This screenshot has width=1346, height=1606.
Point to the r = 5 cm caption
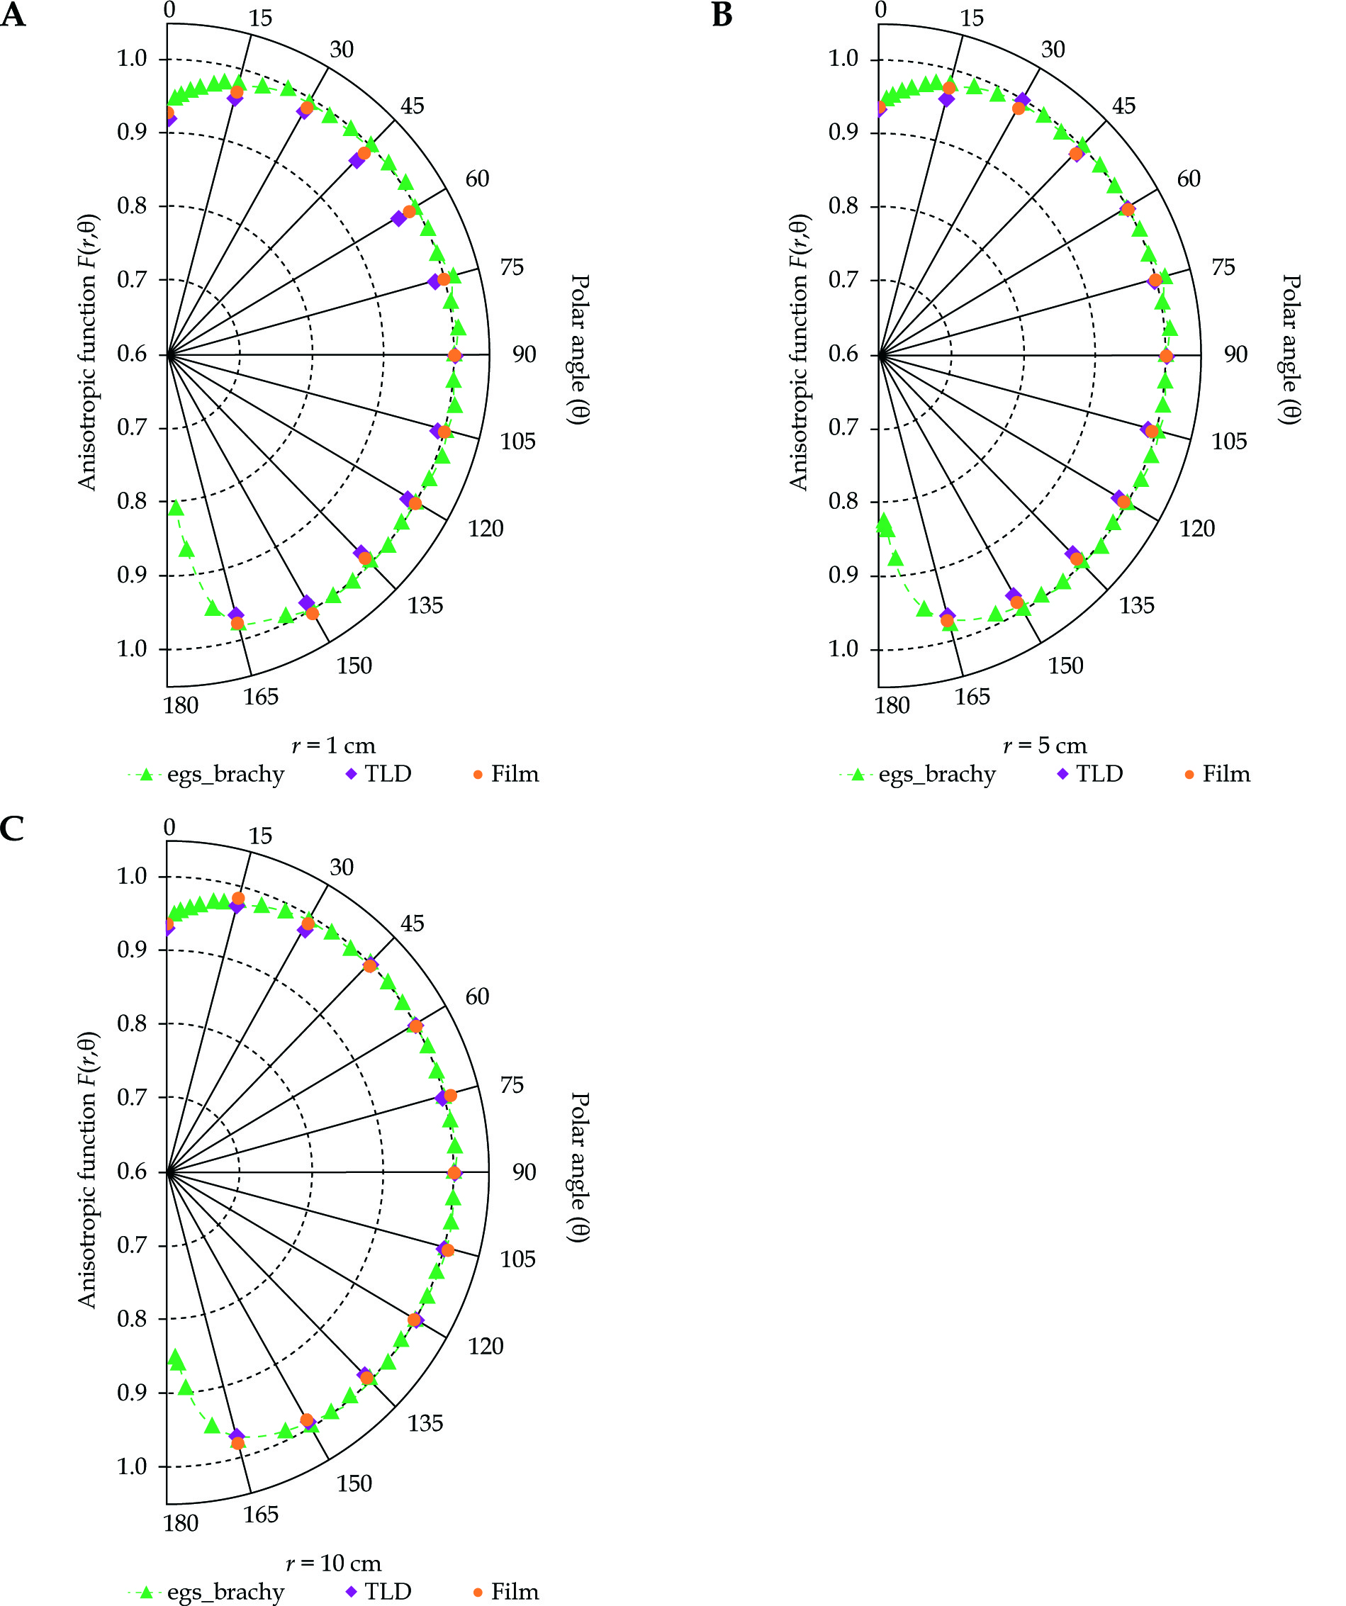1045,746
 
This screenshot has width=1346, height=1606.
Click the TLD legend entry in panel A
379,774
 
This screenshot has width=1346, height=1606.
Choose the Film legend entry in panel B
1218,774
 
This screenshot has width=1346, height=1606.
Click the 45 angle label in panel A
413,106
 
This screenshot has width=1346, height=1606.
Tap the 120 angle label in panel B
1197,529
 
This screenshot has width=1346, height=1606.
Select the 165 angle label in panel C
261,1515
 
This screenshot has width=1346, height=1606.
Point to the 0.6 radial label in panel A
132,354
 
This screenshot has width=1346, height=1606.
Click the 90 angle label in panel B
1235,354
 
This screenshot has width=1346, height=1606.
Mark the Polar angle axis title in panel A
579,349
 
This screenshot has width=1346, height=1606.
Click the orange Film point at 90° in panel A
454,356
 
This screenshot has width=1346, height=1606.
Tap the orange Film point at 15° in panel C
238,899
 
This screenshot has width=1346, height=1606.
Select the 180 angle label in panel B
892,705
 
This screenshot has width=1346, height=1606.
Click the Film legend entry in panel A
506,774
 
